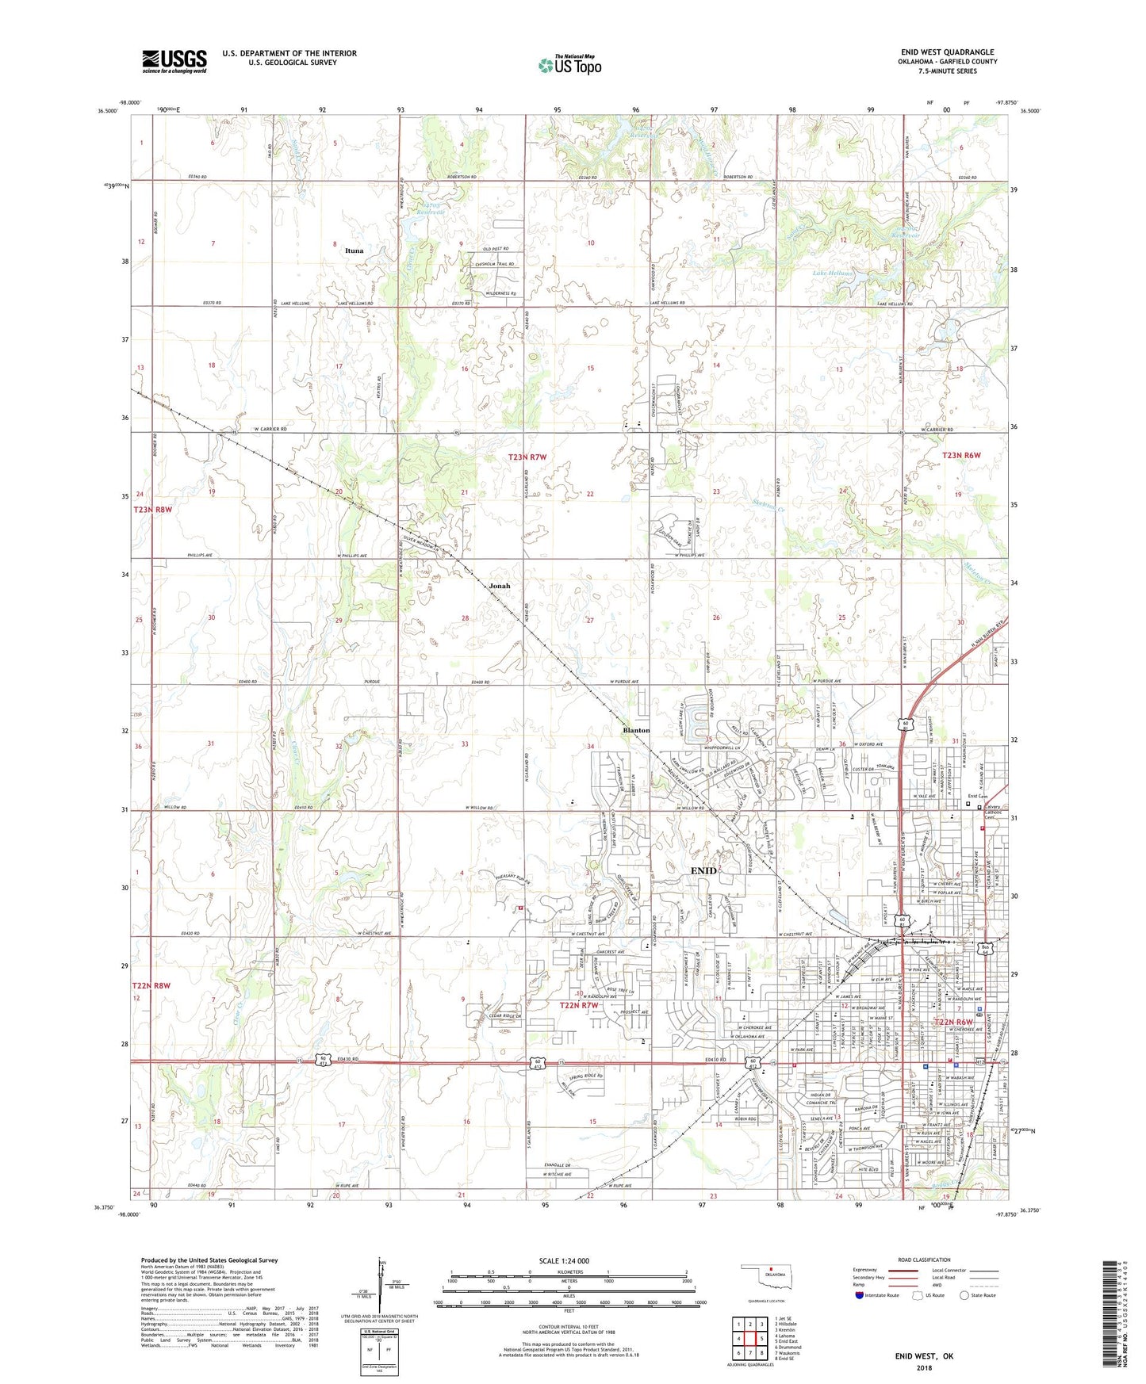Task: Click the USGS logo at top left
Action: (x=174, y=61)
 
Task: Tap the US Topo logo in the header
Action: (x=569, y=65)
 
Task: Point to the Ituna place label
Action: (x=354, y=250)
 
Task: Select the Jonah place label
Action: (x=499, y=586)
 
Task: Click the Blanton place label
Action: (x=636, y=730)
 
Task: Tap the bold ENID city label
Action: (x=703, y=870)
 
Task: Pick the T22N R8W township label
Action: (x=151, y=985)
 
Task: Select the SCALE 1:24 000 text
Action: (x=569, y=1261)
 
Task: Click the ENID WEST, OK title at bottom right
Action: (x=924, y=1356)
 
